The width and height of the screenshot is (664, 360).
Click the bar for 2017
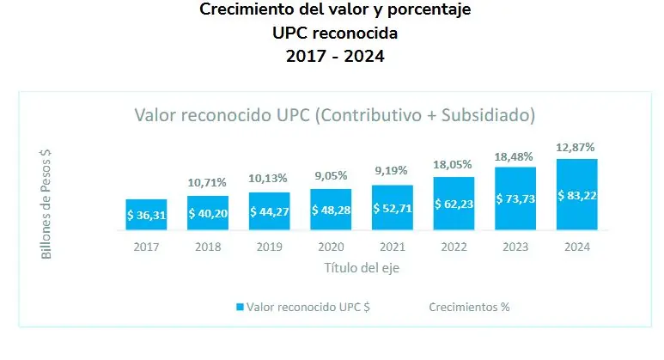click(x=146, y=215)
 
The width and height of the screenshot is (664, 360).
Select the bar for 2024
click(x=576, y=195)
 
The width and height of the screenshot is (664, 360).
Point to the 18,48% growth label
click(x=515, y=156)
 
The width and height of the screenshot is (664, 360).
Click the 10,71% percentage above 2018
click(x=207, y=183)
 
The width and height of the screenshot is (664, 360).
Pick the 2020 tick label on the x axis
click(x=331, y=247)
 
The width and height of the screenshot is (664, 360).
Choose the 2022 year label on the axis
click(x=454, y=247)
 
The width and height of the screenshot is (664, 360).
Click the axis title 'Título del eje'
click(x=362, y=267)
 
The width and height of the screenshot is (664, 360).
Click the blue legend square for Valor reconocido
click(x=240, y=307)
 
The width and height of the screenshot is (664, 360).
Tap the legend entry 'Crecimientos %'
click(x=468, y=307)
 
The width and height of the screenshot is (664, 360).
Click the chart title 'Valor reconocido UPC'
click(x=335, y=114)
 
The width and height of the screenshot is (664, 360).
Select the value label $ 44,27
click(x=269, y=211)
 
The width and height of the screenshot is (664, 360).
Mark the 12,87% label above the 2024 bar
click(x=576, y=147)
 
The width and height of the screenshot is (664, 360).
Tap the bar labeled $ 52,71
click(x=392, y=208)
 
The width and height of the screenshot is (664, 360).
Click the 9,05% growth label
click(x=331, y=176)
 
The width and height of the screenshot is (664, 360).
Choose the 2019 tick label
click(x=269, y=247)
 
